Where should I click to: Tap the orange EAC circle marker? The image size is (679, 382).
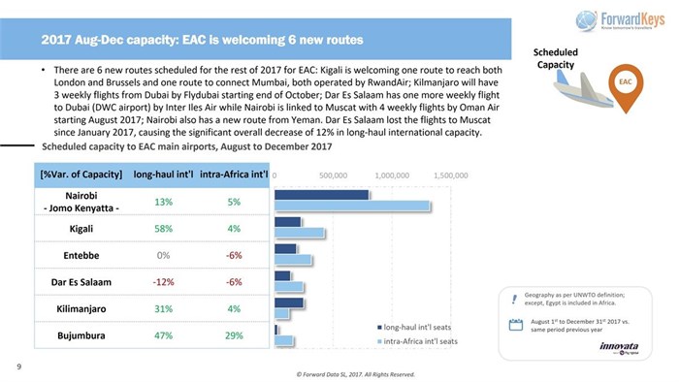626,83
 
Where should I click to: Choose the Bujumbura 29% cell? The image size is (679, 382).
233,335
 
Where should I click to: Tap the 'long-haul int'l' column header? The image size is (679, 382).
163,175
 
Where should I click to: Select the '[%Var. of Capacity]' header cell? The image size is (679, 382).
81,175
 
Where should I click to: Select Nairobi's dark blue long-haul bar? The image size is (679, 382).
322,195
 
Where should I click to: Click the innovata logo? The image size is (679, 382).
618,347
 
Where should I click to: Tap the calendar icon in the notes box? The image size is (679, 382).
516,324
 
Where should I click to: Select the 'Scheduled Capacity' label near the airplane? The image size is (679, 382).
558,57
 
